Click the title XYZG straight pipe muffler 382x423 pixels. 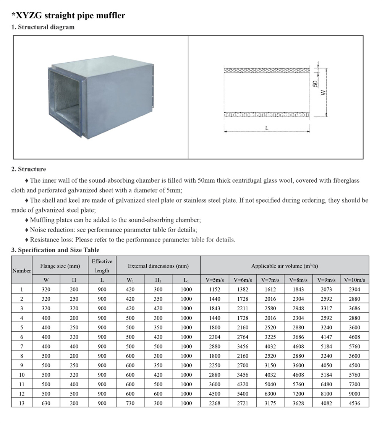point(68,16)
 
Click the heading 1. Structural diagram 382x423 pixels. point(43,27)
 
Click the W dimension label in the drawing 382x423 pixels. point(323,93)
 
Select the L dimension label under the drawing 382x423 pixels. point(267,128)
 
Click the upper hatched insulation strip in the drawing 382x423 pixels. point(267,71)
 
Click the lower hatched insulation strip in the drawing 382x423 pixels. point(267,114)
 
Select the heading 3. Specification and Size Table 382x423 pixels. point(55,250)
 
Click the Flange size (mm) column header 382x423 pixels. point(60,266)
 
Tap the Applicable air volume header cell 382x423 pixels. point(285,266)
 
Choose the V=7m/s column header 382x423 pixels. point(270,280)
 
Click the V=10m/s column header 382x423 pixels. point(355,280)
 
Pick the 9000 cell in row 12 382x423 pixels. point(355,394)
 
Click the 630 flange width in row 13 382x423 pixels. point(46,403)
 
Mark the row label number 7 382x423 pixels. point(22,346)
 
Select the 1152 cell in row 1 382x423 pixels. point(215,289)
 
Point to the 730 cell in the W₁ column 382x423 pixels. point(130,403)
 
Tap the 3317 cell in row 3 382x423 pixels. point(327,308)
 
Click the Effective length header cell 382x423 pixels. point(102,266)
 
